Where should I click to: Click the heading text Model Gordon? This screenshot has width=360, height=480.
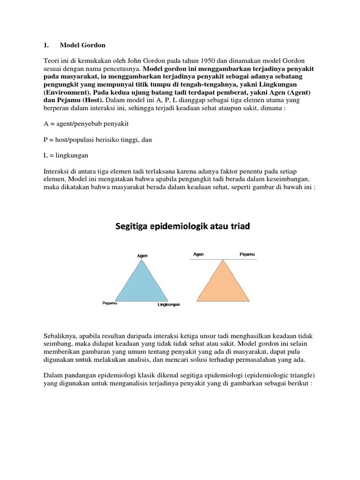coord(82,45)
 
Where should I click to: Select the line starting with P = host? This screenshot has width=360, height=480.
coord(97,139)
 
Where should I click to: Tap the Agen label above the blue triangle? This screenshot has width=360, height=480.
coord(142,256)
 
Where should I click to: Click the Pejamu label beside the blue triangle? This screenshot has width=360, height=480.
coord(109,303)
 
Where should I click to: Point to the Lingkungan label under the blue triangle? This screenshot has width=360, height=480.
coord(168,305)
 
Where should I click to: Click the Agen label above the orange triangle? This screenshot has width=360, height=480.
coord(198,255)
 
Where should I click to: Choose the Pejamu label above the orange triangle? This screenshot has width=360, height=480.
coord(247,255)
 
